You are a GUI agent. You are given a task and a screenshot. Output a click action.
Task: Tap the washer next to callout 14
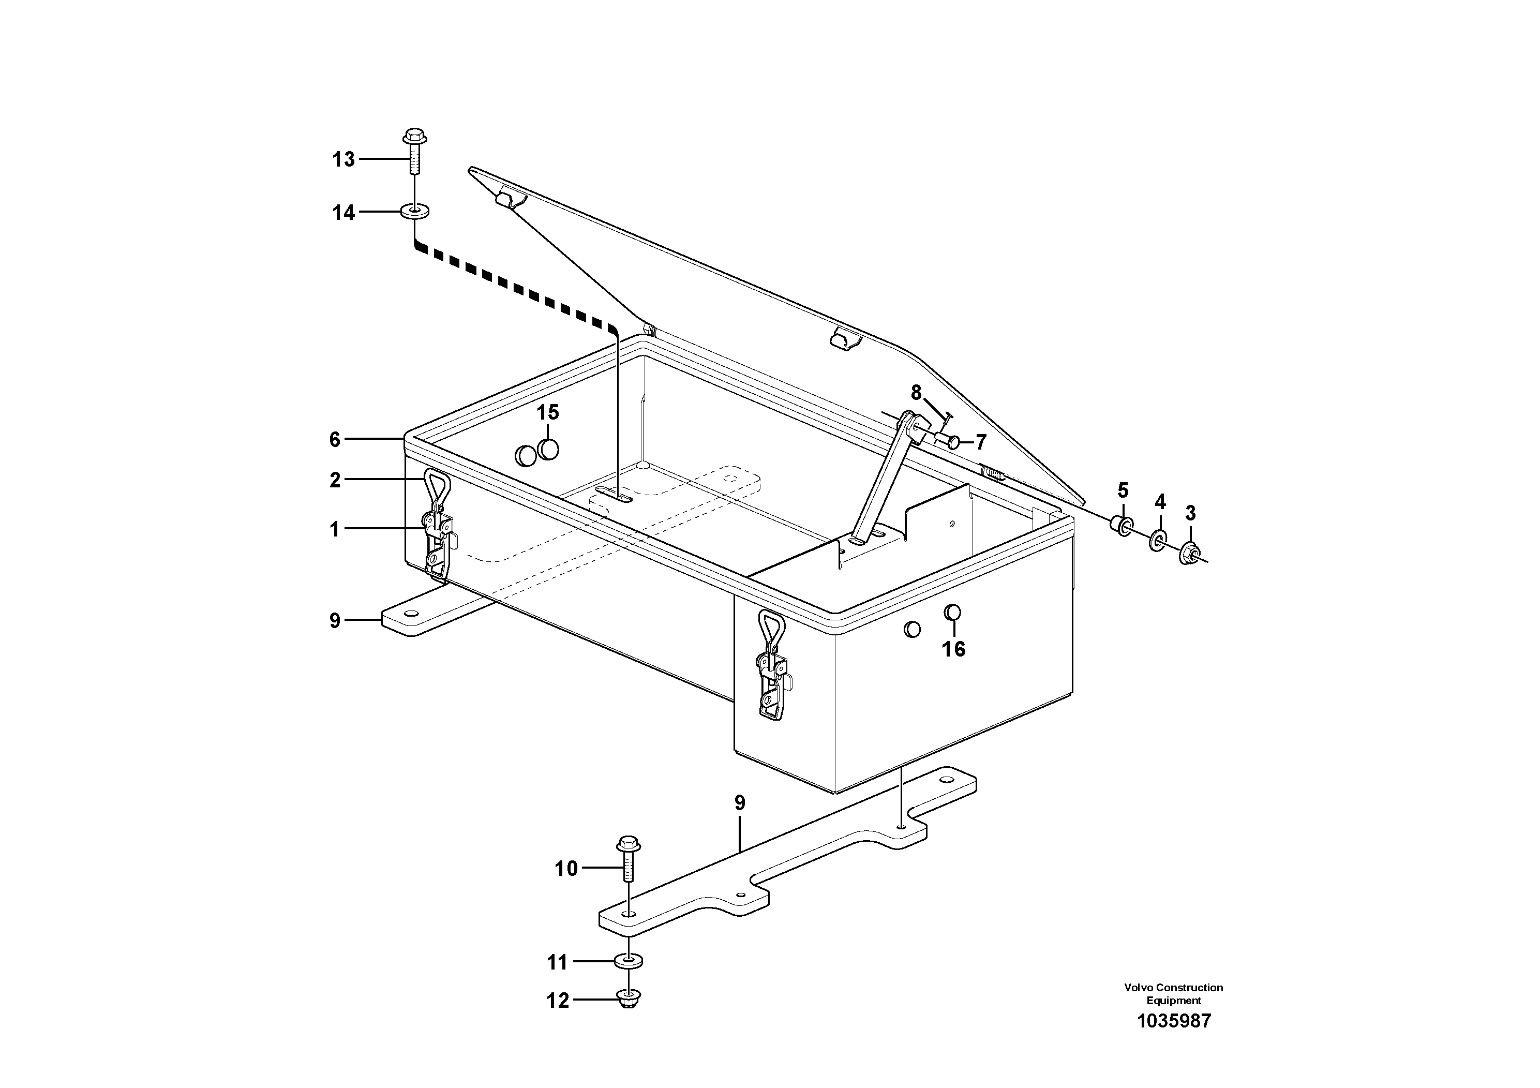415,213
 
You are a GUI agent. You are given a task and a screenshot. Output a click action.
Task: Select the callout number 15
547,412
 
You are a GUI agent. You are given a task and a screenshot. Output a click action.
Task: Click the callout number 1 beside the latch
335,530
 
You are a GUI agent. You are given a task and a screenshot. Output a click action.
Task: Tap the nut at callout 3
1190,553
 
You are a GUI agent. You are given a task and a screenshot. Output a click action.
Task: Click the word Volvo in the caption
1138,988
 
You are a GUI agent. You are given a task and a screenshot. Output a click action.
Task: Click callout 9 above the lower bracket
740,803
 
